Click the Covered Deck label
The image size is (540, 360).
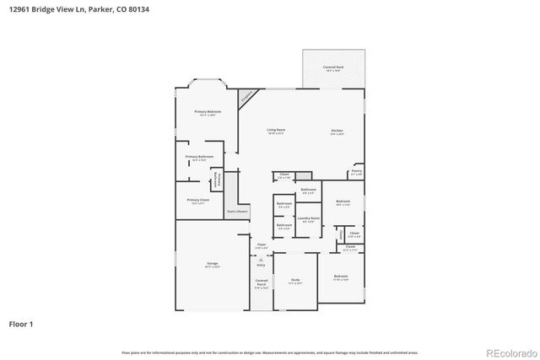pyautogui.click(x=333, y=67)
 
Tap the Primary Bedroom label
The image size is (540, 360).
pyautogui.click(x=208, y=112)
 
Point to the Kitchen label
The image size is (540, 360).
pyautogui.click(x=337, y=131)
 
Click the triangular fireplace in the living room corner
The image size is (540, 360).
pyautogui.click(x=246, y=98)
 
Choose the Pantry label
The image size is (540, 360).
pyautogui.click(x=356, y=172)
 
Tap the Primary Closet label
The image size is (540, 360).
pyautogui.click(x=198, y=201)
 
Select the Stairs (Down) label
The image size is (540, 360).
pyautogui.click(x=237, y=211)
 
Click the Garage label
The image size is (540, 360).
pyautogui.click(x=213, y=265)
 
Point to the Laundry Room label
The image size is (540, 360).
pyautogui.click(x=309, y=219)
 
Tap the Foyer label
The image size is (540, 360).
pyautogui.click(x=262, y=245)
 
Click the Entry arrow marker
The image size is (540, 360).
pyautogui.click(x=262, y=262)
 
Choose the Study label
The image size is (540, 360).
pyautogui.click(x=295, y=281)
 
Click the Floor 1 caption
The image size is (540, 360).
pyautogui.click(x=22, y=324)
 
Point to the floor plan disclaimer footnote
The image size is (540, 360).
pyautogui.click(x=270, y=352)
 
